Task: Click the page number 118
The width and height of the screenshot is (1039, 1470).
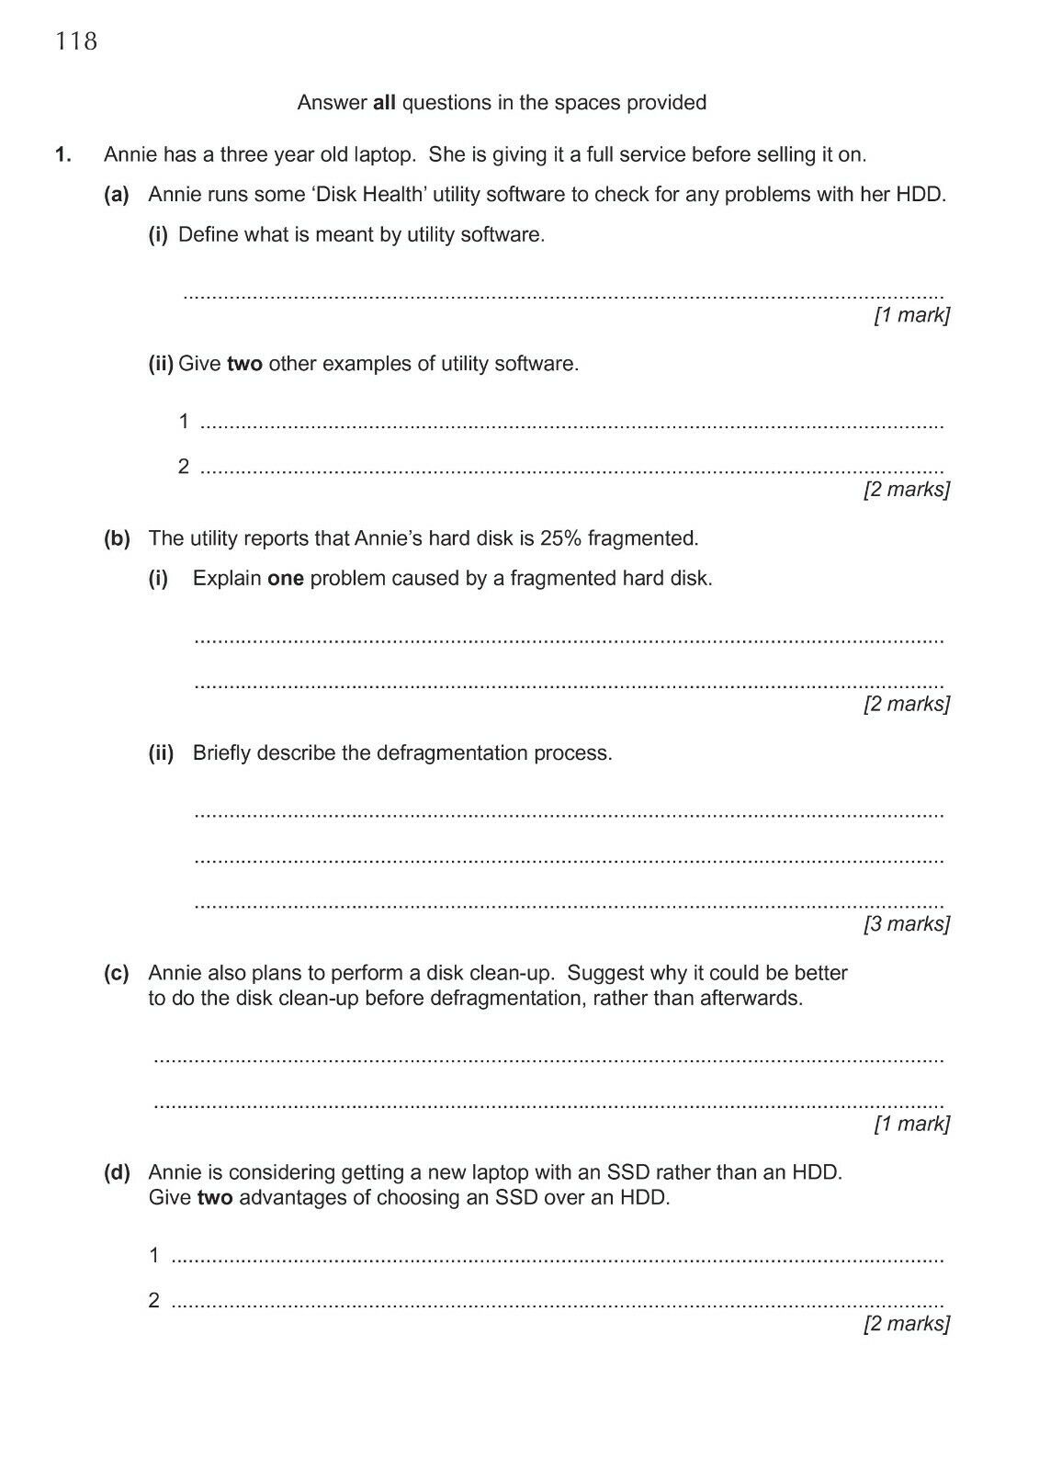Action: click(x=76, y=41)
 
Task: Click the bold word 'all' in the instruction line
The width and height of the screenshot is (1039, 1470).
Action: click(x=384, y=103)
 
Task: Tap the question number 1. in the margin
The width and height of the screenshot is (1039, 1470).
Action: click(x=63, y=154)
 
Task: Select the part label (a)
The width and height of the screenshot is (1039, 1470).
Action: click(x=117, y=195)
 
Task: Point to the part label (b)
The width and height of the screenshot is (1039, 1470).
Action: click(x=117, y=538)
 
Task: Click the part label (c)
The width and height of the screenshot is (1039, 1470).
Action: click(x=117, y=973)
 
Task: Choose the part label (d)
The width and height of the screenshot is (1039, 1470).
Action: click(x=117, y=1172)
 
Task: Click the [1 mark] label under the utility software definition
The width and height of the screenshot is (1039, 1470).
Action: click(x=911, y=315)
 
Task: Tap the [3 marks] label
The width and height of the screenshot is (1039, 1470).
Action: click(x=907, y=923)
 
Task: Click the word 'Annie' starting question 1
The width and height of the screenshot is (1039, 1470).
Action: click(x=130, y=154)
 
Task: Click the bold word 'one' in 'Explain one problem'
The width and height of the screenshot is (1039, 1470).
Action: click(x=285, y=579)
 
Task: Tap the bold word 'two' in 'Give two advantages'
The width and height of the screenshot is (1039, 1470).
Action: click(x=215, y=1198)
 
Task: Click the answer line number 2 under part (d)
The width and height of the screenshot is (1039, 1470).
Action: click(x=154, y=1300)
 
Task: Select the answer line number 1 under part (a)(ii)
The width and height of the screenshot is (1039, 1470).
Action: click(x=184, y=422)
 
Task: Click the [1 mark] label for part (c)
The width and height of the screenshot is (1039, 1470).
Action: click(x=911, y=1124)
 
